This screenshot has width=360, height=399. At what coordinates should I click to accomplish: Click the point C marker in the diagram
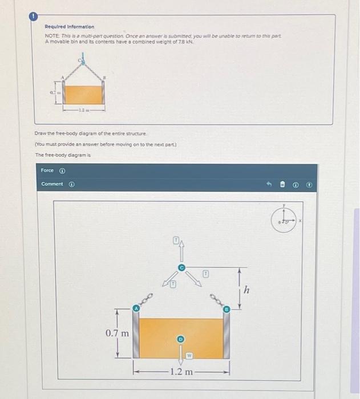coord(181,267)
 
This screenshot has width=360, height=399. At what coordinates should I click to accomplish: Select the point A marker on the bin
coord(136,308)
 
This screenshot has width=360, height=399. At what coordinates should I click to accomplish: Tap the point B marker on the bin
coord(226,309)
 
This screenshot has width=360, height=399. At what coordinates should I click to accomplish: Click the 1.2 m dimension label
coord(181,372)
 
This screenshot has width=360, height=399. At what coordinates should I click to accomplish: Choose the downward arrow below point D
coord(181,355)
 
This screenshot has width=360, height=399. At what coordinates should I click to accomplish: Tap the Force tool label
coord(47,170)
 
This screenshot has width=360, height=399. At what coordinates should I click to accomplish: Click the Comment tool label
coord(52,184)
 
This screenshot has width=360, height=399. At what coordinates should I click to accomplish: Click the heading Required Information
coord(70,27)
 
